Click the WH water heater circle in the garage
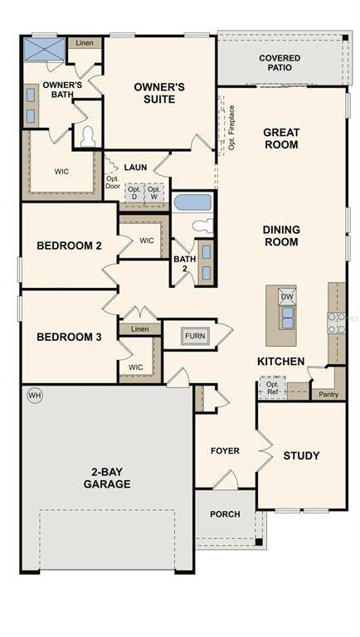(35, 396)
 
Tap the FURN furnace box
(195, 336)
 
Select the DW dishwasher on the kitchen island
(287, 297)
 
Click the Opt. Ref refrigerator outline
(273, 389)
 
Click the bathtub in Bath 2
(193, 202)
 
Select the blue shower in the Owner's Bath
(44, 49)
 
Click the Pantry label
(328, 394)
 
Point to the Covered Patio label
(280, 63)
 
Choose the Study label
(301, 455)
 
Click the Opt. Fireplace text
(231, 128)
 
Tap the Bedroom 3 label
(69, 337)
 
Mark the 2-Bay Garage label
(107, 478)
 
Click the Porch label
(225, 514)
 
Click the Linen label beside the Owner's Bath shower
(85, 42)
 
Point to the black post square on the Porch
(259, 542)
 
